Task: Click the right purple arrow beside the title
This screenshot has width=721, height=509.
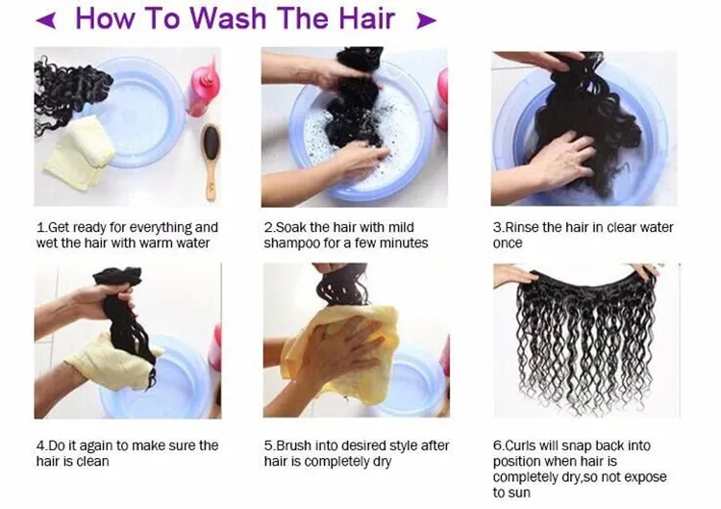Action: tap(426, 19)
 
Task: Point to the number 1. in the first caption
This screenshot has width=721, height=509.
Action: tap(41, 228)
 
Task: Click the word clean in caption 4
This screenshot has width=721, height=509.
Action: tap(92, 462)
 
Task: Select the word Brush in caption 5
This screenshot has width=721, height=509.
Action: tap(295, 446)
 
